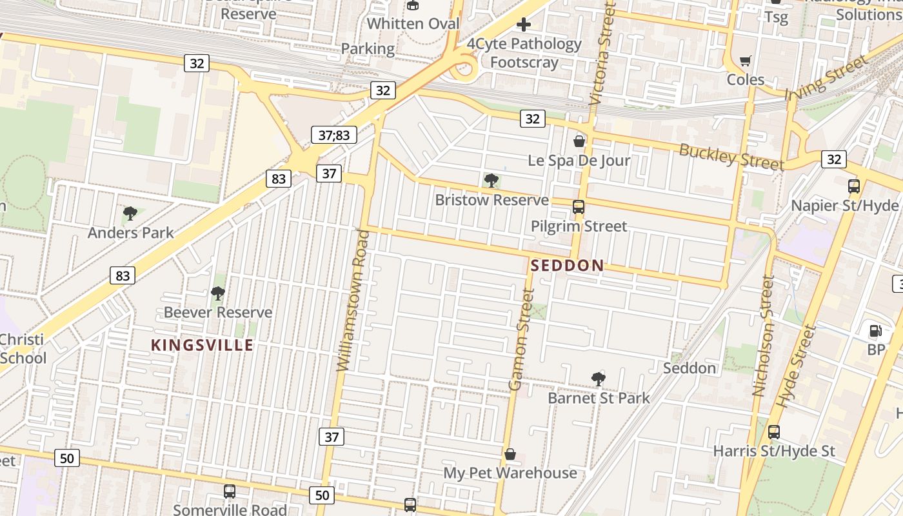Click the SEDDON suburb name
tap(567, 265)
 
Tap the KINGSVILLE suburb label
tap(202, 345)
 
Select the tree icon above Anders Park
tap(130, 213)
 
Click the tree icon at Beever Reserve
tap(218, 293)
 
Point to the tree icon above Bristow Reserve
tap(491, 181)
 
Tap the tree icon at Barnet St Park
tap(599, 379)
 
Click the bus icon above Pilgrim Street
tap(579, 207)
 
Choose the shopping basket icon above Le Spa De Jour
tap(579, 141)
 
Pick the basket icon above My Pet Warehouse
tap(510, 454)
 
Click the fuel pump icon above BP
tap(876, 331)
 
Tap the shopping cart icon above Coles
tap(746, 61)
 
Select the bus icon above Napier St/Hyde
tap(854, 186)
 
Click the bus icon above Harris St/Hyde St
tap(774, 432)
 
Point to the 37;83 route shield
tap(334, 135)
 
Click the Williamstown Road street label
tap(353, 300)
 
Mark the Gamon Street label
tap(522, 339)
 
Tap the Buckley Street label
tap(731, 157)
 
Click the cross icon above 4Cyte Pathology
tap(524, 25)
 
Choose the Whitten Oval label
tap(413, 24)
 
